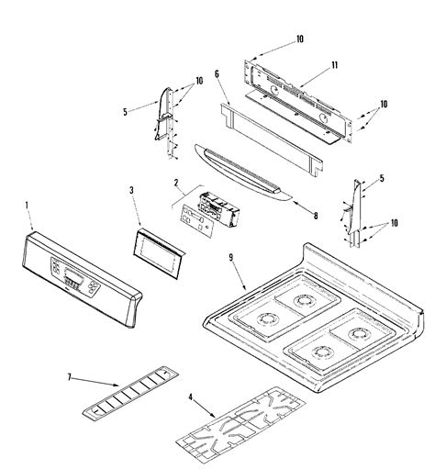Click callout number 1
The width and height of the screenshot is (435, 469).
(x=27, y=206)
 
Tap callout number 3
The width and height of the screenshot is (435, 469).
(x=131, y=190)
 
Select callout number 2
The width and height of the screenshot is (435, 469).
(x=176, y=183)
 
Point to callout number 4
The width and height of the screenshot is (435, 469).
(x=191, y=397)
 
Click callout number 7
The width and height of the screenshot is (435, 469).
(x=70, y=377)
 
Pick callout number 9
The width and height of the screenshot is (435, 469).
(x=231, y=258)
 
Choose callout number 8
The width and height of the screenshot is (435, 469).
(x=316, y=216)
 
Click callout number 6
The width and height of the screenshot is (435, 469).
(x=217, y=73)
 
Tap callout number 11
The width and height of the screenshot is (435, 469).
(x=334, y=65)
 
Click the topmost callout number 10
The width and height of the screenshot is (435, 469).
(x=300, y=39)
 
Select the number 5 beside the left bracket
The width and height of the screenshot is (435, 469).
(x=125, y=112)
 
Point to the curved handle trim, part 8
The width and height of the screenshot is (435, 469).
(x=241, y=173)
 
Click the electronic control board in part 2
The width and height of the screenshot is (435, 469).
(x=218, y=209)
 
